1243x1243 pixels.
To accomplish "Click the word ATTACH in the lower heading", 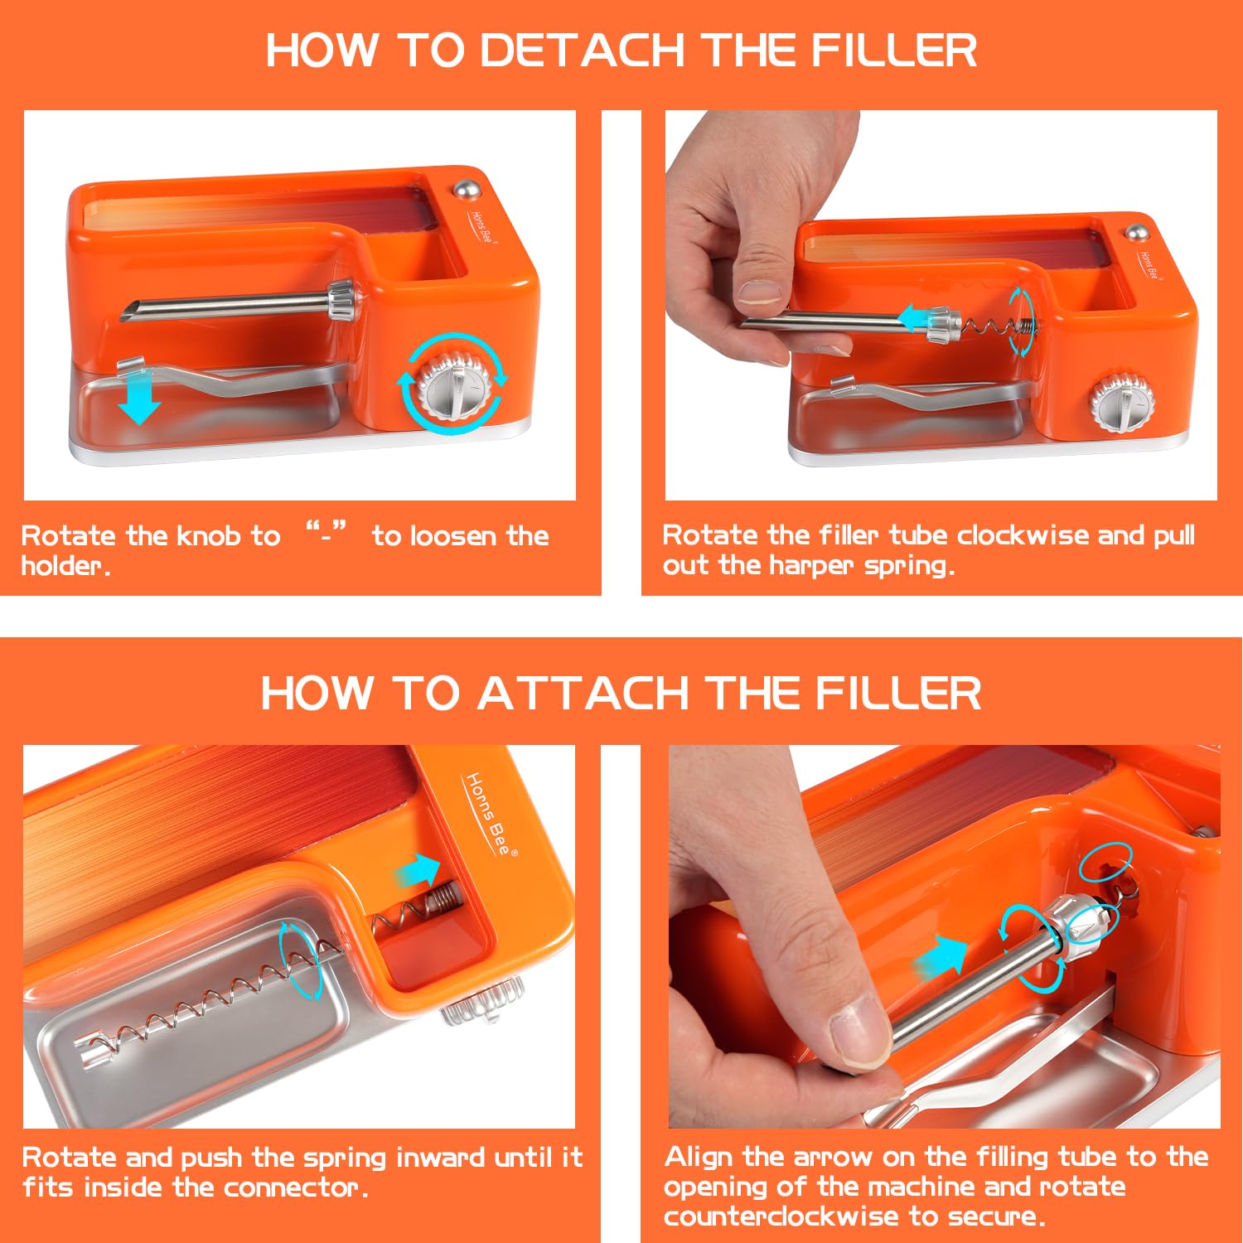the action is [583, 693].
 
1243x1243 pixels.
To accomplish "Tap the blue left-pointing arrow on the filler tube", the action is [917, 318].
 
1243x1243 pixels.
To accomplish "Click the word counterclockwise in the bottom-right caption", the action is [781, 1216].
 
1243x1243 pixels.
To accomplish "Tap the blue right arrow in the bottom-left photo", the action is [418, 871].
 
